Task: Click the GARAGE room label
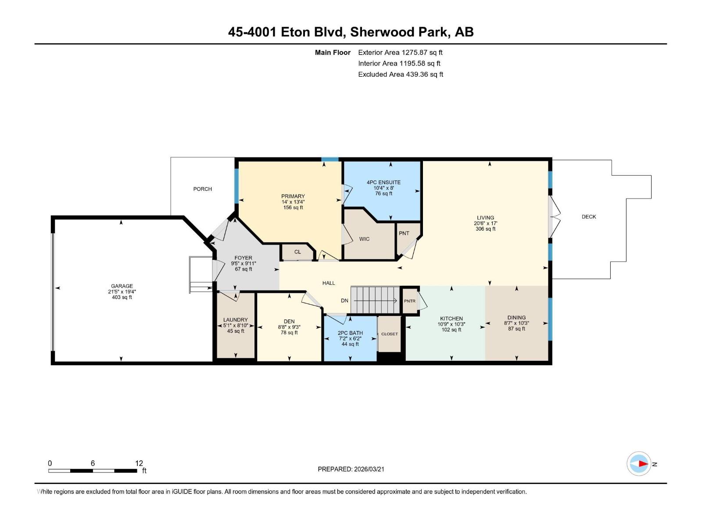pyautogui.click(x=122, y=286)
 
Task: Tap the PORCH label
pyautogui.click(x=202, y=189)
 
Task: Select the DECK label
pyautogui.click(x=588, y=217)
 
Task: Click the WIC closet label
pyautogui.click(x=364, y=239)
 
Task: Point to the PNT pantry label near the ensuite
pyautogui.click(x=404, y=233)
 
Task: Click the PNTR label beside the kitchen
pyautogui.click(x=409, y=301)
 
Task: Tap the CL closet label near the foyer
pyautogui.click(x=297, y=252)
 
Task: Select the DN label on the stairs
pyautogui.click(x=344, y=301)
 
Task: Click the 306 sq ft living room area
pyautogui.click(x=485, y=229)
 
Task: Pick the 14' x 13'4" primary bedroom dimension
pyautogui.click(x=293, y=202)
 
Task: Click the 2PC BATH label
pyautogui.click(x=350, y=333)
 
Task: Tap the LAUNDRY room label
pyautogui.click(x=235, y=320)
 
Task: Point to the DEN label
pyautogui.click(x=289, y=321)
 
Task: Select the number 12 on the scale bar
pyautogui.click(x=139, y=463)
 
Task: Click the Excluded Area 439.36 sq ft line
pyautogui.click(x=400, y=75)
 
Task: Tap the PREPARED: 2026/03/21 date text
pyautogui.click(x=351, y=469)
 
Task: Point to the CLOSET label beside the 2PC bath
pyautogui.click(x=389, y=334)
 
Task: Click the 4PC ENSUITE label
pyautogui.click(x=383, y=182)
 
